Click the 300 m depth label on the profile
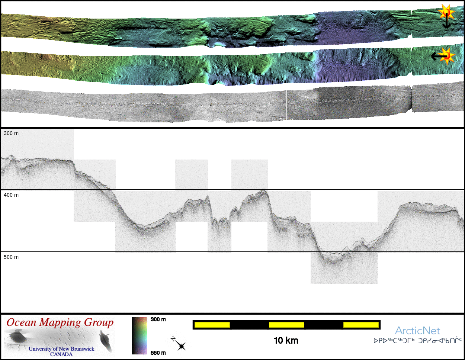(11, 133)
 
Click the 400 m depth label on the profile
(11, 195)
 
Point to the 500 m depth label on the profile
(11, 257)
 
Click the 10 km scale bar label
(286, 341)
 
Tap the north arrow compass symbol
(179, 344)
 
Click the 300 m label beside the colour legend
(158, 319)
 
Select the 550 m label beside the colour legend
(158, 353)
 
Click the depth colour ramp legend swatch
(139, 335)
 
